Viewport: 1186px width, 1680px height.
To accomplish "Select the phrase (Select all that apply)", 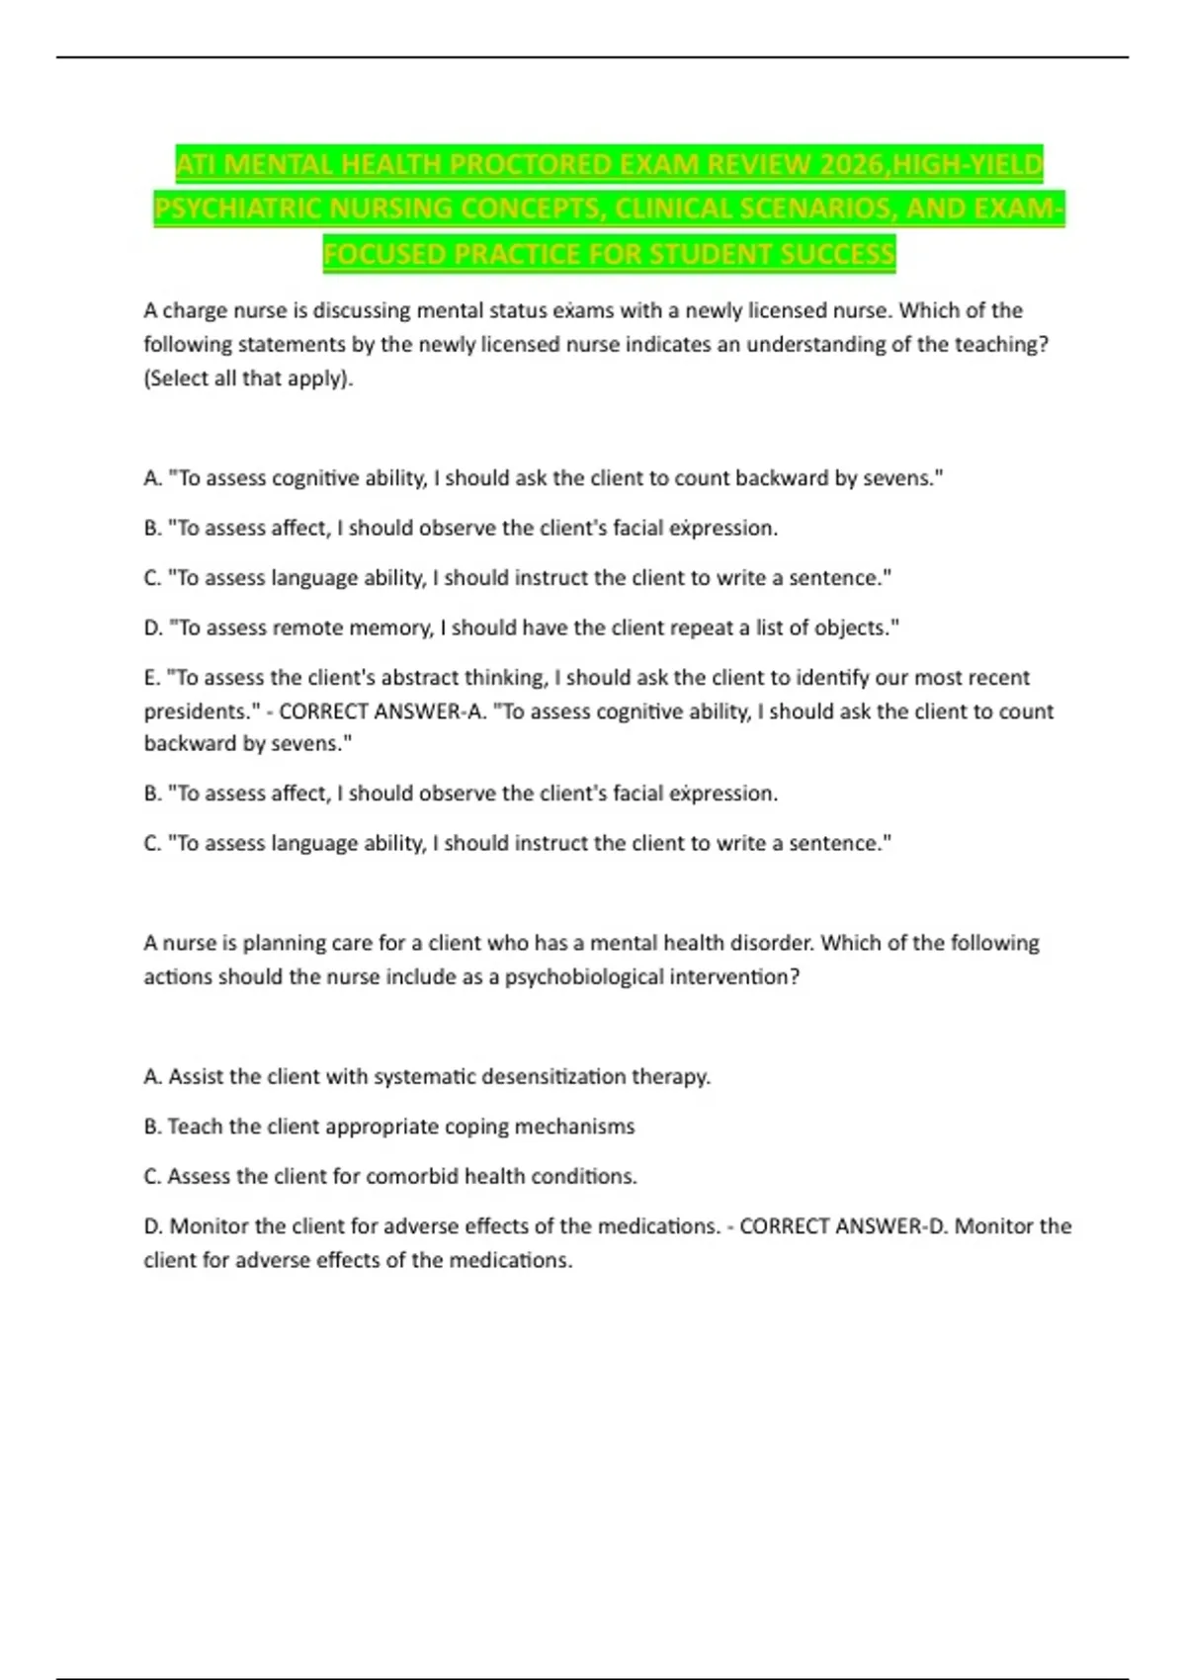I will (248, 378).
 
